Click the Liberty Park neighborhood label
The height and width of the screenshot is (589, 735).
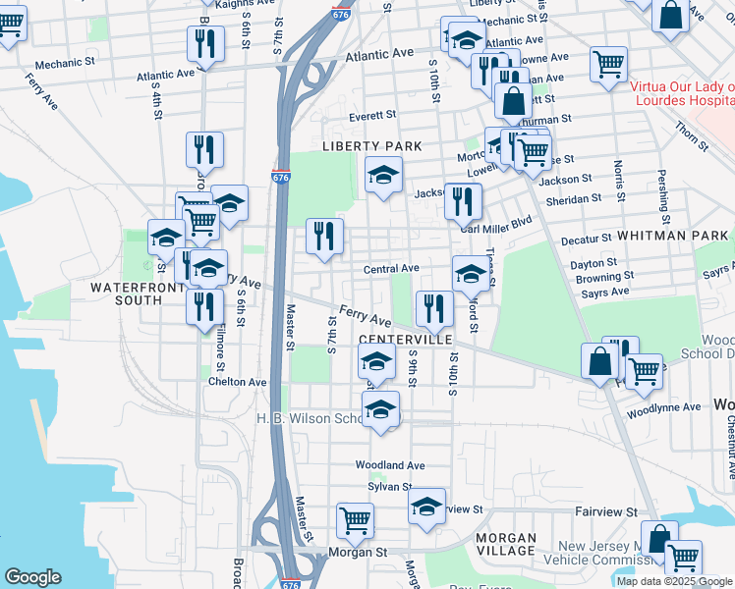click(372, 146)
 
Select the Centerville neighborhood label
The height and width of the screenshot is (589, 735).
click(405, 339)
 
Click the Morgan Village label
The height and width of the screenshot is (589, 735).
click(506, 546)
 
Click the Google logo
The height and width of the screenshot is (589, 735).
click(32, 577)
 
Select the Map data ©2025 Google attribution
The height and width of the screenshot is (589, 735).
click(674, 581)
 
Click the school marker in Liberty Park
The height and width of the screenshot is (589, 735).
click(383, 176)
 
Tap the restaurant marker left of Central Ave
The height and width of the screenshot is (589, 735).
click(324, 236)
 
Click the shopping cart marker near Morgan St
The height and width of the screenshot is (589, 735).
click(355, 519)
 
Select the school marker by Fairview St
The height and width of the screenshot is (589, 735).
click(426, 507)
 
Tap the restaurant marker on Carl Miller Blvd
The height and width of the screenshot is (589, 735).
click(463, 200)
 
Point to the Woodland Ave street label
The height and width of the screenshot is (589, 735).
click(390, 464)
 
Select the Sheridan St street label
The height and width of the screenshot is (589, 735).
click(573, 198)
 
